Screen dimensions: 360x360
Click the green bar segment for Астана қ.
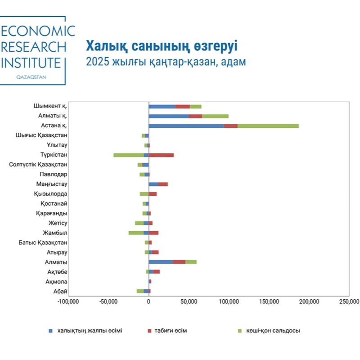coord(268,126)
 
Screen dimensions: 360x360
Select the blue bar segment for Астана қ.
coord(186,126)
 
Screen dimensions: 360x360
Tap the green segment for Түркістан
coord(128,155)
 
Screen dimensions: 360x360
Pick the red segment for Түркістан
coord(161,155)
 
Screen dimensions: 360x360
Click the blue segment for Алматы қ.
coord(168,116)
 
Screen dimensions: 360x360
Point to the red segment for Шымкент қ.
coord(182,107)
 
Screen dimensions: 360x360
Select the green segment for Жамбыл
coord(136,233)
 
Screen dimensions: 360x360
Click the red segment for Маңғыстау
coord(163,184)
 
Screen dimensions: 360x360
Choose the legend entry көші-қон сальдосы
coord(272,331)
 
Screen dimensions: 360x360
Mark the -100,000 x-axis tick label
coord(68,301)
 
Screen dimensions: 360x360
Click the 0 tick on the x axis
coord(148,301)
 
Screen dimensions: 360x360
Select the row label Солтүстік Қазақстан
coord(38,165)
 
